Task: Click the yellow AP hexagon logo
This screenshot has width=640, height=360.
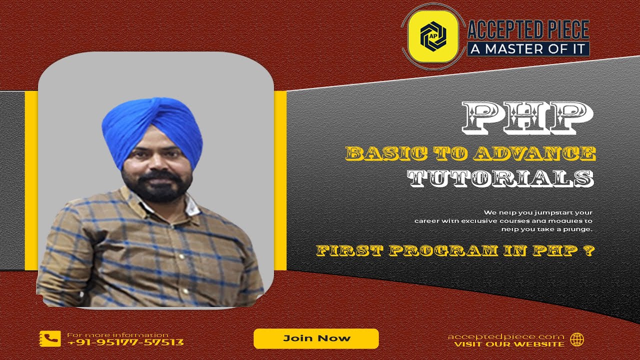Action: [x=432, y=36]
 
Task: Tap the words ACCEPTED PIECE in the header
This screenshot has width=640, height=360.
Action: [x=528, y=30]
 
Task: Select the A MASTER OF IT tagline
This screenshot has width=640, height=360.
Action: [x=528, y=49]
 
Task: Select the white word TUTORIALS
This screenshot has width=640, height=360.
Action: [x=500, y=178]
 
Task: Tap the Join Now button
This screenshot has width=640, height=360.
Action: [x=316, y=338]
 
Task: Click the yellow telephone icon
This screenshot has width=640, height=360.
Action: [x=50, y=339]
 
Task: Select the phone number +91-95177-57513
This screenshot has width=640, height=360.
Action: [x=125, y=342]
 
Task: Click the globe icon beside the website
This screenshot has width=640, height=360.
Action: [x=577, y=339]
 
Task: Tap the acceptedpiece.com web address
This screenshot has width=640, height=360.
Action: [x=505, y=336]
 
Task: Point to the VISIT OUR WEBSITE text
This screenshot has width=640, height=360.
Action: [x=509, y=344]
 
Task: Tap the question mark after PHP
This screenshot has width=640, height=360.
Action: [x=589, y=250]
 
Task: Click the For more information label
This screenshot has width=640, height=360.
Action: [x=117, y=334]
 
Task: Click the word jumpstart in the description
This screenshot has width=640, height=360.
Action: [x=539, y=212]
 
